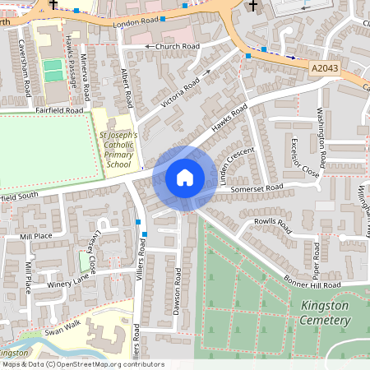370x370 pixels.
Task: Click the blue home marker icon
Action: coord(185,177)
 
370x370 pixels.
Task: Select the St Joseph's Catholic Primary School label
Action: coord(118,149)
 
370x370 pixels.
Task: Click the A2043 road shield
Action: coord(328,65)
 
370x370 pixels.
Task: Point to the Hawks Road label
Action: coord(229,118)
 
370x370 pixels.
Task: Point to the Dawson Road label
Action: coord(177,286)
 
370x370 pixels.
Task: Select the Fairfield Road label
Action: coord(59,109)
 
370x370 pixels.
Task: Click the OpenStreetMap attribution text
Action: coord(82,364)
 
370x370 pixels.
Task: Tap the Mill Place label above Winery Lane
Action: coord(37,236)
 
